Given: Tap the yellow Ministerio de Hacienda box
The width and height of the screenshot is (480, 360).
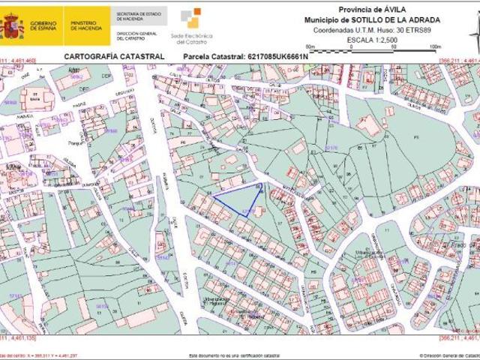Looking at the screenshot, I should click(86, 26).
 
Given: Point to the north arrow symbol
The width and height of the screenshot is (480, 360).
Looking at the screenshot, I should click(472, 34).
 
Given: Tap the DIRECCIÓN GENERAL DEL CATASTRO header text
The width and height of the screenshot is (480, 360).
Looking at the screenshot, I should click(132, 37).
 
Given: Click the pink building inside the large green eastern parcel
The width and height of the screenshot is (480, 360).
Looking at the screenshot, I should click(368, 124).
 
